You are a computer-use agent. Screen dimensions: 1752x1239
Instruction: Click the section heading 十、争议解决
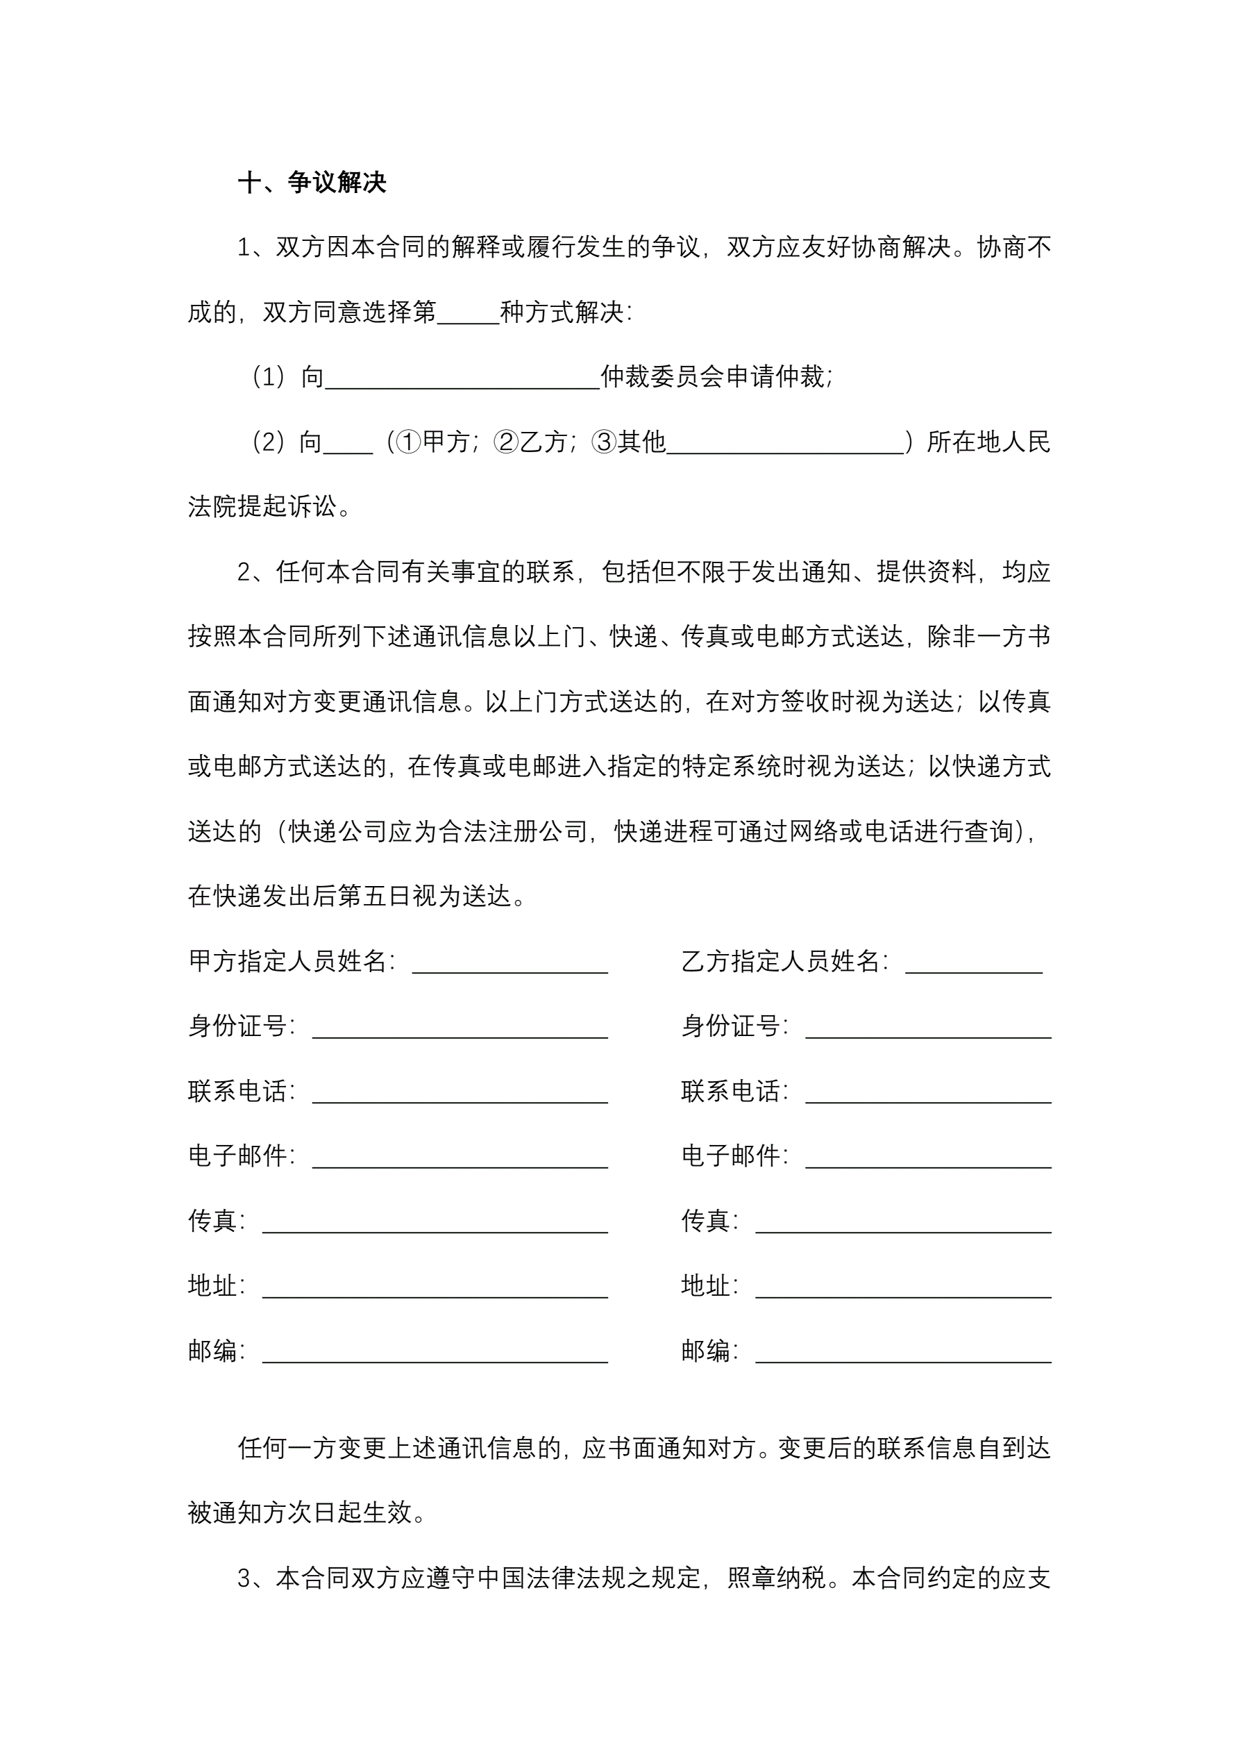click(312, 183)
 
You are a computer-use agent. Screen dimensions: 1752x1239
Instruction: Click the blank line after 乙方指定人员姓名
click(973, 963)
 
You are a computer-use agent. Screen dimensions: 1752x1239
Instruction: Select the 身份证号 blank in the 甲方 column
click(460, 1028)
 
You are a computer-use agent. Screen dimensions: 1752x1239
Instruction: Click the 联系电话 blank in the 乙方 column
click(928, 1093)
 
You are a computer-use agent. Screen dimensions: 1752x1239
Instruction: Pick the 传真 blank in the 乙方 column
click(903, 1222)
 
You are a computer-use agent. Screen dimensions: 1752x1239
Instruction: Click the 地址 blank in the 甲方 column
click(435, 1287)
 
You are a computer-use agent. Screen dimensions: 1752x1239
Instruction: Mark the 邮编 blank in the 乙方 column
click(903, 1352)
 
